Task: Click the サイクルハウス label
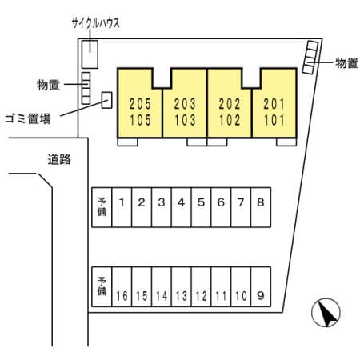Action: tap(96, 23)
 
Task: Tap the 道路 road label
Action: tap(59, 159)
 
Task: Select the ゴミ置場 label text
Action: tap(28, 118)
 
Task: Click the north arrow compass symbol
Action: tap(326, 313)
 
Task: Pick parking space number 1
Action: tap(122, 207)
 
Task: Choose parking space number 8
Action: tap(261, 207)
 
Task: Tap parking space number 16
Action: tap(122, 286)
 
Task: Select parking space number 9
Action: tap(261, 286)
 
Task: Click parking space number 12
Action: tap(201, 286)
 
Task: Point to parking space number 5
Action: tap(201, 207)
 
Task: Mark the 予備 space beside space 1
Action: tap(102, 207)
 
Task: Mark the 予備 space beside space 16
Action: tap(102, 286)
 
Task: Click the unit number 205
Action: tap(140, 104)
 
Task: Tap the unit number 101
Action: tap(274, 120)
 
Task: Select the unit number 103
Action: tap(185, 120)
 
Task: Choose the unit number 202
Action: tap(230, 104)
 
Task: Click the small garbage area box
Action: tap(106, 100)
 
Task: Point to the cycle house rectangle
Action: tap(90, 54)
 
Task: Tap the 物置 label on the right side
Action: tap(346, 63)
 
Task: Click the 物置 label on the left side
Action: tap(48, 85)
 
